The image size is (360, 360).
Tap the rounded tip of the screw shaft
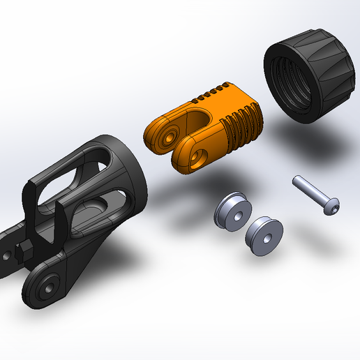tap(296, 180)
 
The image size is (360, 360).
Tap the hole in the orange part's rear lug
tap(167, 137)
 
